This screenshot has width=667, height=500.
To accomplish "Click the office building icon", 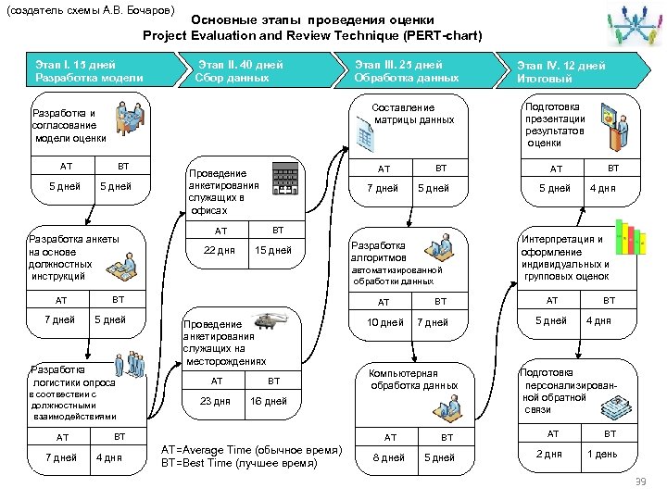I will click(x=285, y=178).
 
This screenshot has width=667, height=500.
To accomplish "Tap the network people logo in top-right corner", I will click(x=633, y=28).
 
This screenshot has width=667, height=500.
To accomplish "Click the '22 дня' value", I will click(x=219, y=250).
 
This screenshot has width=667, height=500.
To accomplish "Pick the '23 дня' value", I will click(x=215, y=401).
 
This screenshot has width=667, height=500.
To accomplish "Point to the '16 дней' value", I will click(x=269, y=401).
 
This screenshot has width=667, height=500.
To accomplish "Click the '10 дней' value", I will click(x=385, y=322).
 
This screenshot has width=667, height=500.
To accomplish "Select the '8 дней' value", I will click(x=388, y=457).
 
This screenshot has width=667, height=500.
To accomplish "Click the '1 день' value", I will click(x=601, y=454).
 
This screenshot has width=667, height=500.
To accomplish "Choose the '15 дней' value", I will click(x=273, y=250).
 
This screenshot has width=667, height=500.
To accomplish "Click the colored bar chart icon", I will click(x=630, y=240).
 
